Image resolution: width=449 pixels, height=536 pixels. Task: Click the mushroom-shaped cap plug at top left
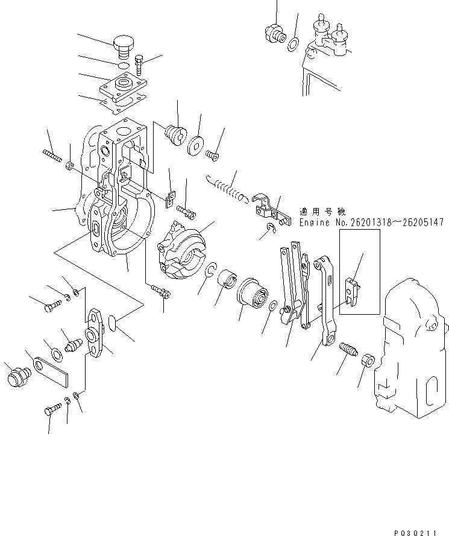click(124, 44)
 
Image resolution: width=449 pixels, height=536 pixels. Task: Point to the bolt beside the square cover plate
click(140, 63)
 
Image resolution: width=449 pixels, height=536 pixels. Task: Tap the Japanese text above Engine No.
click(322, 212)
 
